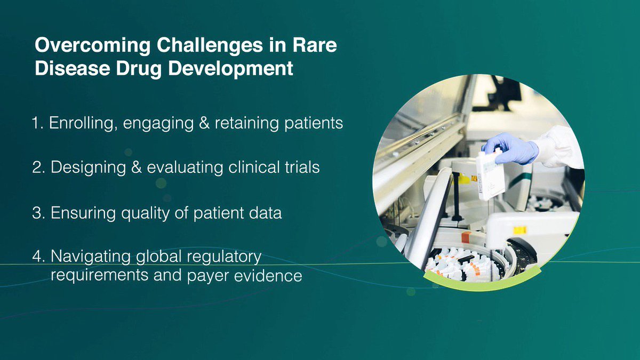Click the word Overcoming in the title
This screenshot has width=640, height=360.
point(93,46)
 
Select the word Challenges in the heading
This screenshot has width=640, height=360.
point(210,46)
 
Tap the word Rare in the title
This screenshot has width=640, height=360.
point(315,45)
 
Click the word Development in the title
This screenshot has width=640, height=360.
point(231,69)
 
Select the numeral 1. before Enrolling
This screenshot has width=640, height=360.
point(37,123)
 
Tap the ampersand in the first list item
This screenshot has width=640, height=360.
point(204,123)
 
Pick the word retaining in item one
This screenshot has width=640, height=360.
point(246,123)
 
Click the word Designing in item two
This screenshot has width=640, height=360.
point(89,167)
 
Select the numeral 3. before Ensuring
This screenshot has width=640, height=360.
point(38,213)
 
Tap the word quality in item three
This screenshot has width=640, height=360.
point(146,213)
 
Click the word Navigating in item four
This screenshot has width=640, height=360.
point(91,257)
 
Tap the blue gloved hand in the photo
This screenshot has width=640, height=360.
point(510,148)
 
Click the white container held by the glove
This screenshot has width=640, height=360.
point(490,175)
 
